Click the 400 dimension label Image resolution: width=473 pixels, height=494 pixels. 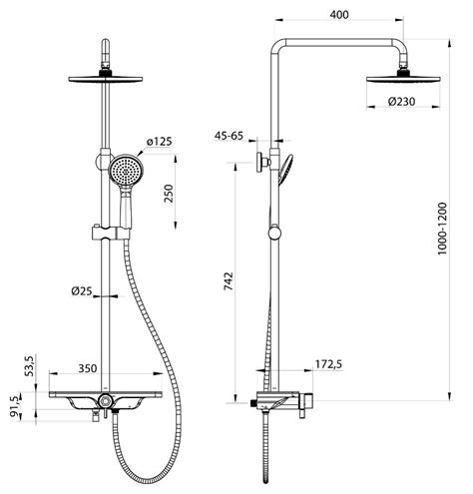[x=339, y=15]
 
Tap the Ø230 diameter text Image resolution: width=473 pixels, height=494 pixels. [x=401, y=101]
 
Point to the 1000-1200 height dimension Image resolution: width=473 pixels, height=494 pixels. [x=442, y=229]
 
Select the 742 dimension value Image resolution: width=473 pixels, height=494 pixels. [x=229, y=281]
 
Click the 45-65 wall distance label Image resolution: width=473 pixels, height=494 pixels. [x=229, y=136]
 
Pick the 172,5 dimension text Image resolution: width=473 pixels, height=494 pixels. [x=328, y=364]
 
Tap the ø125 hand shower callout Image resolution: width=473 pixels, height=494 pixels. [x=160, y=142]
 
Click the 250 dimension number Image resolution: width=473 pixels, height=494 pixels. [x=169, y=194]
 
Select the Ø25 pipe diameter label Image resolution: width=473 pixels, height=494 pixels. [x=82, y=291]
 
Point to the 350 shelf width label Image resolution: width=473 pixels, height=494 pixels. [x=88, y=368]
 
